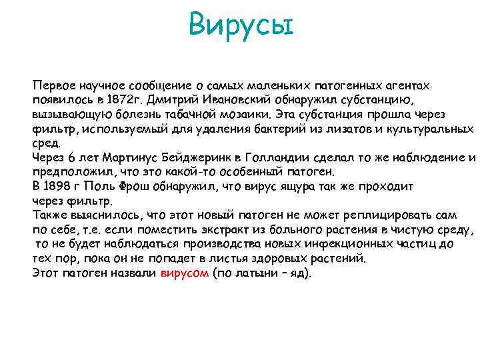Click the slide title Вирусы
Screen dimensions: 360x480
[x=240, y=27]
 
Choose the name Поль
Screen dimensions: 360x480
[x=98, y=187]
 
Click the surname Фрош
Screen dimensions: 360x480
[x=131, y=187]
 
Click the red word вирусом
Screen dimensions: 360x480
[x=185, y=274]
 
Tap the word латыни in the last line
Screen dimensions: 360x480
[x=255, y=274]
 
